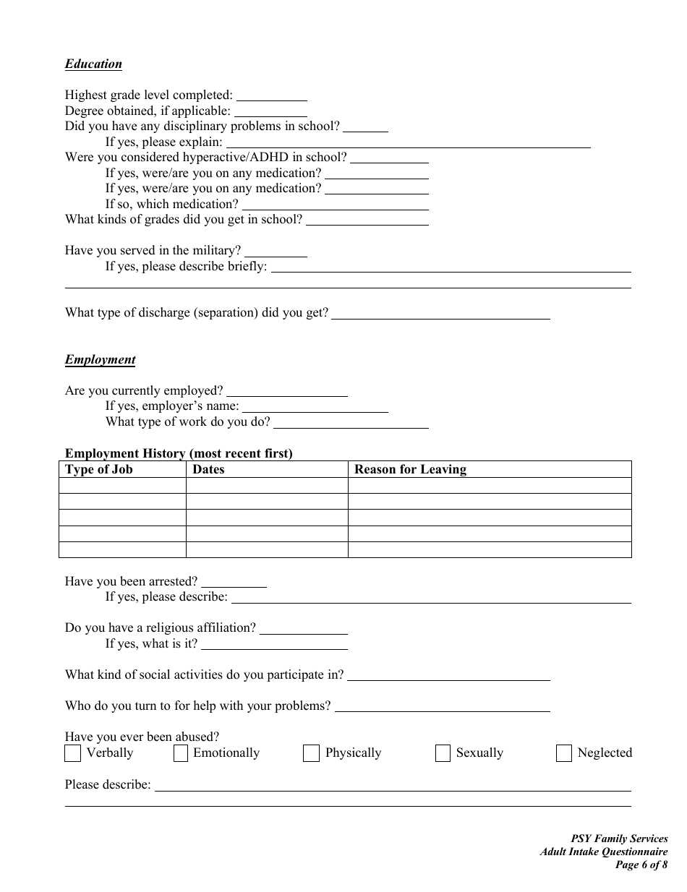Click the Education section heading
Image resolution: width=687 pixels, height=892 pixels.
[93, 64]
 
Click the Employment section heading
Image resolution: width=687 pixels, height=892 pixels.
[100, 359]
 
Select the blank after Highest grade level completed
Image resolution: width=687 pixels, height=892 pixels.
[272, 95]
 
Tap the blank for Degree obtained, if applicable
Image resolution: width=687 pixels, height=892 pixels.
[270, 111]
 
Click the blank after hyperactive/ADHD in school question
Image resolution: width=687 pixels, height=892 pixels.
[389, 157]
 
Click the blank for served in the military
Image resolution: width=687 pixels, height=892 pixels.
[276, 251]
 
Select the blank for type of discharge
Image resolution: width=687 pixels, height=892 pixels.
[440, 313]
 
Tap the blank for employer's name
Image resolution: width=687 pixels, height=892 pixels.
[315, 406]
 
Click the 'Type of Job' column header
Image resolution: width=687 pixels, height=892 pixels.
[99, 469]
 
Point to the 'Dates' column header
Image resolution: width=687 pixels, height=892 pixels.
[208, 469]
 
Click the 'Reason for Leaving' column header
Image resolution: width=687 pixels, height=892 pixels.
[410, 469]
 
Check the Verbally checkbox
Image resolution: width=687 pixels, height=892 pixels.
[72, 753]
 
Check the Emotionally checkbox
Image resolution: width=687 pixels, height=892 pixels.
[181, 753]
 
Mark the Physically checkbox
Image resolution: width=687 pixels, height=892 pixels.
[311, 753]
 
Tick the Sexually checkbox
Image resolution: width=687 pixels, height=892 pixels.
[443, 753]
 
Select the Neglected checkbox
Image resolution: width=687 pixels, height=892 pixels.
[564, 753]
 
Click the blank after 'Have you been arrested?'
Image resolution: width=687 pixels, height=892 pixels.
[234, 581]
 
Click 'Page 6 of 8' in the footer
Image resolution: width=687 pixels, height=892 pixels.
[641, 865]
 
